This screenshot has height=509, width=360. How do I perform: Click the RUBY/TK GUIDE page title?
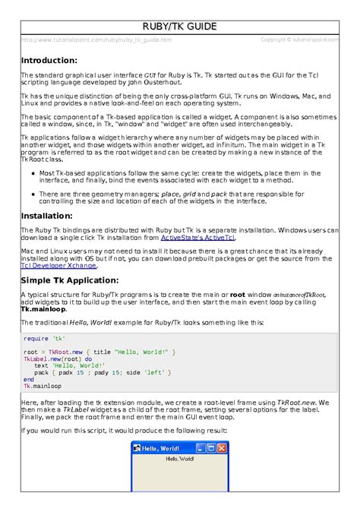[x=180, y=27]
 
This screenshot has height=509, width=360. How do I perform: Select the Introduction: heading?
[x=49, y=60]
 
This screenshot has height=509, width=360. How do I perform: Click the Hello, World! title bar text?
[x=165, y=448]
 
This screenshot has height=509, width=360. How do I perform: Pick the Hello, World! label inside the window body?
[x=180, y=460]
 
